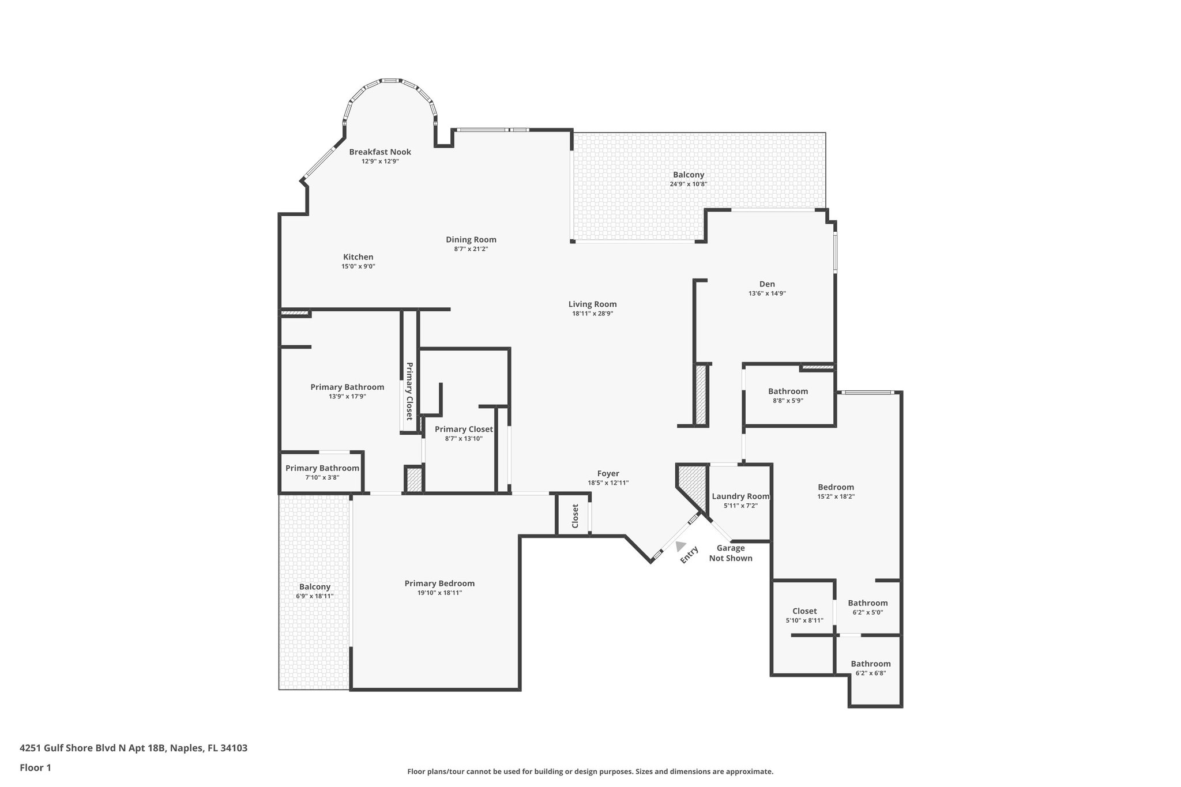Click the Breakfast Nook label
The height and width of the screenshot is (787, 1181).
(x=380, y=152)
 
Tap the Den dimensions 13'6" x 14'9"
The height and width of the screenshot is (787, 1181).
(x=767, y=293)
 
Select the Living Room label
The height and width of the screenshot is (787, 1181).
(x=592, y=304)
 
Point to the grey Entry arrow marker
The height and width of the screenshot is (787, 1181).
(x=680, y=545)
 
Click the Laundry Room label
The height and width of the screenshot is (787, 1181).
(x=740, y=496)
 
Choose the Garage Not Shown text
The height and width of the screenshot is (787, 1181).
(x=731, y=553)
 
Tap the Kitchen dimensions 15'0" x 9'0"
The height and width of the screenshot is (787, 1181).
(x=358, y=266)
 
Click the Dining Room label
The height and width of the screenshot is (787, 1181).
(x=471, y=240)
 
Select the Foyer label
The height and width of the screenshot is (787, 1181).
(x=608, y=474)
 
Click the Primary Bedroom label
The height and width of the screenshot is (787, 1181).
(x=439, y=583)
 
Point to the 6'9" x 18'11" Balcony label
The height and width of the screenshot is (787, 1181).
(x=314, y=587)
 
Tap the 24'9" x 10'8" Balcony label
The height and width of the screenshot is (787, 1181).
(x=689, y=175)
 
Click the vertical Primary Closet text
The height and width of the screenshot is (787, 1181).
(x=409, y=391)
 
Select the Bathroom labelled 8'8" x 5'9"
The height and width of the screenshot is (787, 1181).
(x=788, y=391)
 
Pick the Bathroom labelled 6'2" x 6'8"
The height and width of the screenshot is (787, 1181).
(x=871, y=664)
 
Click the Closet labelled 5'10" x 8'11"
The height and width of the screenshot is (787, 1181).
(x=804, y=611)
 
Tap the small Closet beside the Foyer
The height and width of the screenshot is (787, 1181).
(x=575, y=516)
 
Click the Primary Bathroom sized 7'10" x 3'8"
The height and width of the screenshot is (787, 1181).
(x=322, y=468)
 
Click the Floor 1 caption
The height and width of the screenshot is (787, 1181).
(x=36, y=768)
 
